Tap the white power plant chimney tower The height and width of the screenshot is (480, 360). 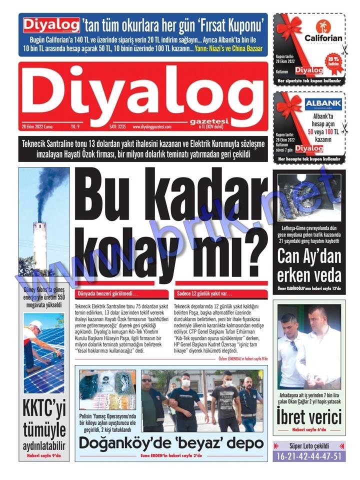tap(40, 245)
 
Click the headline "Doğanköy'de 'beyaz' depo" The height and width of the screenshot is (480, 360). tap(171, 443)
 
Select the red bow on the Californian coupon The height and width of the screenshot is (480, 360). tap(290, 27)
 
